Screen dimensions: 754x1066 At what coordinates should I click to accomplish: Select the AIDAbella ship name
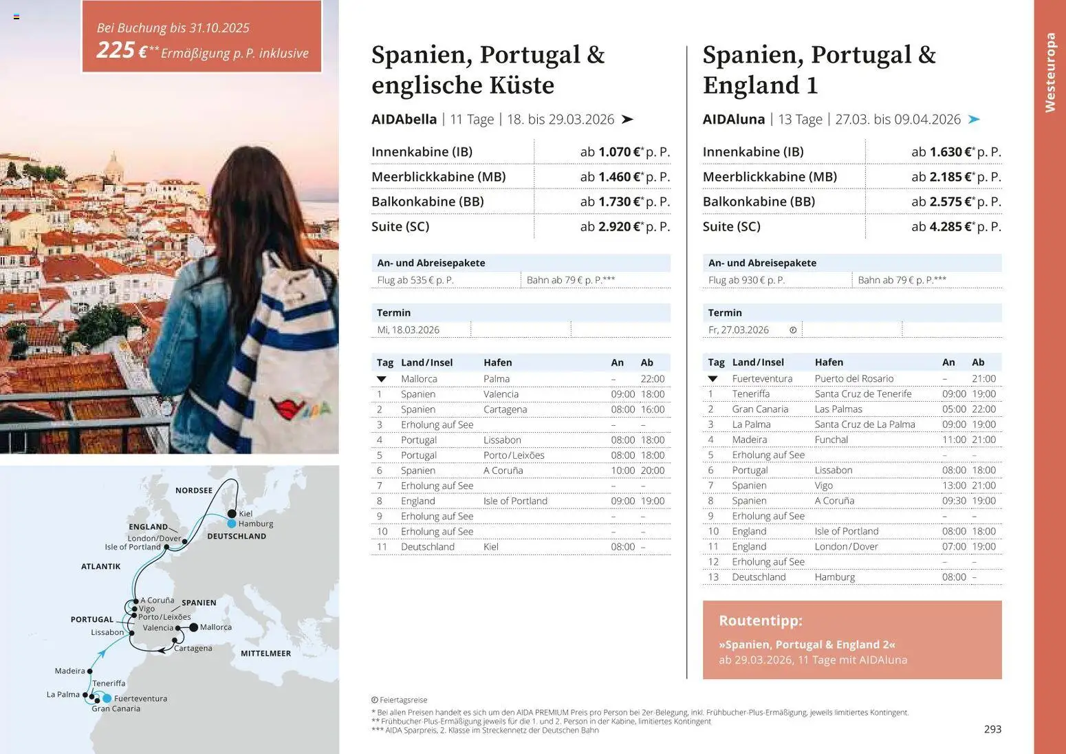[404, 119]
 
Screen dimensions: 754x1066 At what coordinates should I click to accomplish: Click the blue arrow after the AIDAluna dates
[974, 119]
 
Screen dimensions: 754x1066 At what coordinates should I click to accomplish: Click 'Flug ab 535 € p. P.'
[415, 280]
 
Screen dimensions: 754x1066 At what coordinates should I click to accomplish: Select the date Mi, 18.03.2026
[408, 330]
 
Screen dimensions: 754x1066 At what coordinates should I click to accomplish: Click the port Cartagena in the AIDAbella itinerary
[505, 409]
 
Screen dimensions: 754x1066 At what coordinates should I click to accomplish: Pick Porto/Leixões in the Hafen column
[513, 455]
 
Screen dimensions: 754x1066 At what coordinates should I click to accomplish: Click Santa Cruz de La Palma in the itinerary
[864, 424]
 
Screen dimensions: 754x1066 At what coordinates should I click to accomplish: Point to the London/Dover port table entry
[846, 546]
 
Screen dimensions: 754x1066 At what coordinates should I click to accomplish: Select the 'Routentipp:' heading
[760, 621]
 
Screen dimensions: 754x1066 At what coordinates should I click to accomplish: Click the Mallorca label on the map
[215, 627]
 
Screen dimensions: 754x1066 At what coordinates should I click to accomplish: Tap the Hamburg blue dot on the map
[232, 524]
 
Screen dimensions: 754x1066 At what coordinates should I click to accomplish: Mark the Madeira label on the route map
[69, 671]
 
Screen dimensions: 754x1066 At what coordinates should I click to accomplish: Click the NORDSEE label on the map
[193, 491]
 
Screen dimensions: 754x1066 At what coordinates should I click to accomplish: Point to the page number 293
[992, 729]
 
